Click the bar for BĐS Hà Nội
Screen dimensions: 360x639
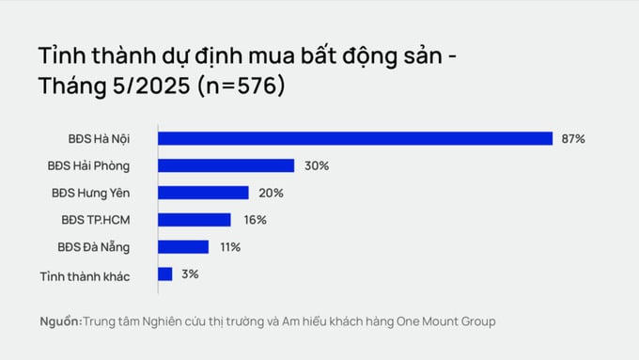[355, 139]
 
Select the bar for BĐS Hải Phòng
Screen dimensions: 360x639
[226, 165]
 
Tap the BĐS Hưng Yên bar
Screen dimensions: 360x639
[204, 193]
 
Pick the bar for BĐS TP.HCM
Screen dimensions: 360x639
[195, 220]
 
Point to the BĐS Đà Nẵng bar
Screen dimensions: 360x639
[183, 247]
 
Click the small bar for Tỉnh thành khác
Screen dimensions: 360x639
[165, 274]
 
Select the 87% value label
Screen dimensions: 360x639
[573, 139]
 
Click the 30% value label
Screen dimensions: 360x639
[317, 166]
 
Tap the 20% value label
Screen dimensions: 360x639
[272, 193]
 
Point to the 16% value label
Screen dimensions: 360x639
[255, 220]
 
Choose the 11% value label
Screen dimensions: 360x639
[230, 247]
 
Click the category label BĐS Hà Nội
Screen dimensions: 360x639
[99, 139]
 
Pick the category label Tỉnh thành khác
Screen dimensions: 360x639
[85, 275]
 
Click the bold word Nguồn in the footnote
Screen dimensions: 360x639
[60, 321]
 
